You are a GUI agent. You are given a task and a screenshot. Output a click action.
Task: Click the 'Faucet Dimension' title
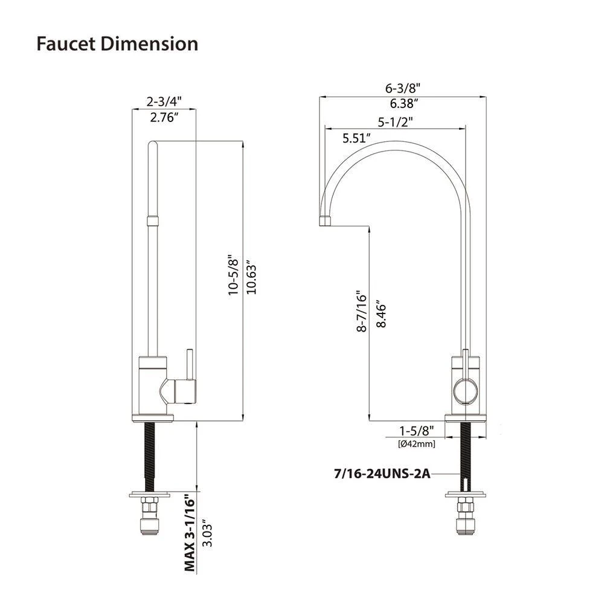pos(117,44)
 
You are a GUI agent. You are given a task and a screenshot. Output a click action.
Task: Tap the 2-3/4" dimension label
pos(165,100)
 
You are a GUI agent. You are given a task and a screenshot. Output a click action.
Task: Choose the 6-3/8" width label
pos(403,87)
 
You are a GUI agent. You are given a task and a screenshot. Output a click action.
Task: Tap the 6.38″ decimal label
pos(403,103)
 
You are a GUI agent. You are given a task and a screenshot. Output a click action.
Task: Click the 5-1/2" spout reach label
pos(395,121)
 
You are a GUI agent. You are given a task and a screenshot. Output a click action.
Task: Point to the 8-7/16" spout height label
pos(361,310)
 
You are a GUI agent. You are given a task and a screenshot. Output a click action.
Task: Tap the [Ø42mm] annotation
pos(417,444)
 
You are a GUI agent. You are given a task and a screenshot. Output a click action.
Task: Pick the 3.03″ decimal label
pos(207,532)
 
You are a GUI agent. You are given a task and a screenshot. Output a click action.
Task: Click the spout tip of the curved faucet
pos(324,220)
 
